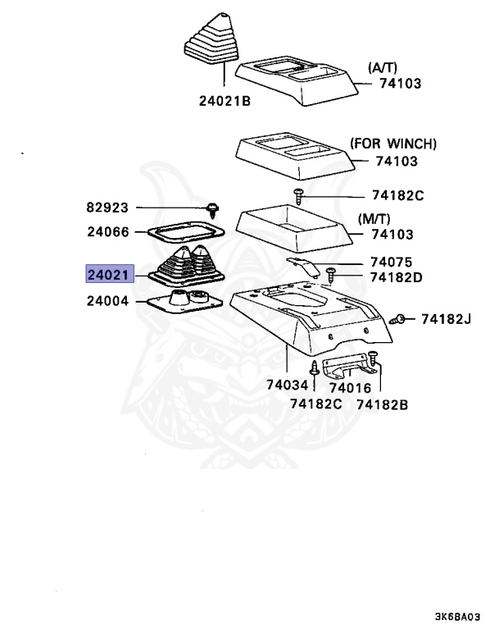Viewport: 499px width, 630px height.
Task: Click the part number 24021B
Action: click(224, 101)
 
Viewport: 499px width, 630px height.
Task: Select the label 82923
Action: click(110, 208)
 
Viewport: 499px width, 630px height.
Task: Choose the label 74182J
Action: click(447, 318)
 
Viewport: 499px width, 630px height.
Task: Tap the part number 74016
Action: click(350, 388)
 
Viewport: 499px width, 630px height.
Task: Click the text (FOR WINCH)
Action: click(393, 144)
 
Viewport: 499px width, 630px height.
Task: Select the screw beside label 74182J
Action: click(398, 318)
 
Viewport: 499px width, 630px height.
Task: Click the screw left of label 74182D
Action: click(331, 273)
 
